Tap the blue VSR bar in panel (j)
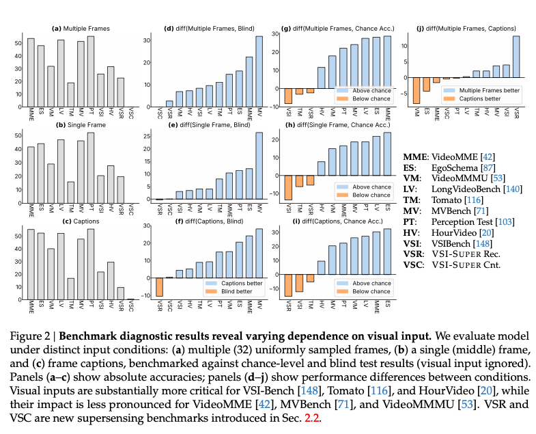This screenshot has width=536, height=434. click(x=516, y=57)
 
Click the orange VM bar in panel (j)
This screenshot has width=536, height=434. click(x=417, y=91)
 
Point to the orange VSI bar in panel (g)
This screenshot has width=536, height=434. click(x=288, y=96)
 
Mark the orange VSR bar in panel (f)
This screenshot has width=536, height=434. click(x=159, y=287)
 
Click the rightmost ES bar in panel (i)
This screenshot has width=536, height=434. click(x=389, y=254)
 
